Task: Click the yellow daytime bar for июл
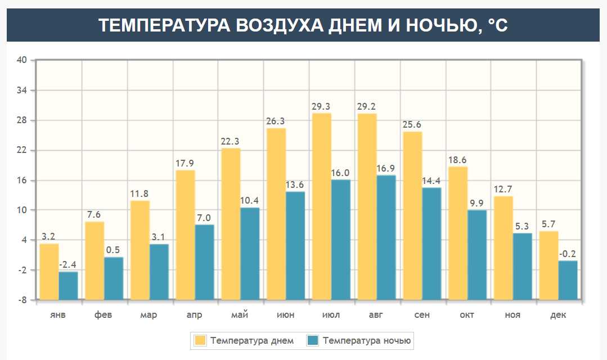pos(321,206)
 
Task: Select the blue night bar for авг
pos(386,237)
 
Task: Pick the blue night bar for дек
pos(568,280)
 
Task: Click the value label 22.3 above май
pos(230,141)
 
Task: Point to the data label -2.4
pos(68,265)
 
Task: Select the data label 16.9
pos(386,168)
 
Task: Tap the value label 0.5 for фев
pos(114,250)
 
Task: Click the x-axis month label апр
pos(194,315)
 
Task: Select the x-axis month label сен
pos(422,315)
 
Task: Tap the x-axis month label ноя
pos(512,315)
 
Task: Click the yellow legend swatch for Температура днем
pos(200,340)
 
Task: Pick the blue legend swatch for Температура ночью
pos(313,340)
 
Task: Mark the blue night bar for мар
pos(159,271)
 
